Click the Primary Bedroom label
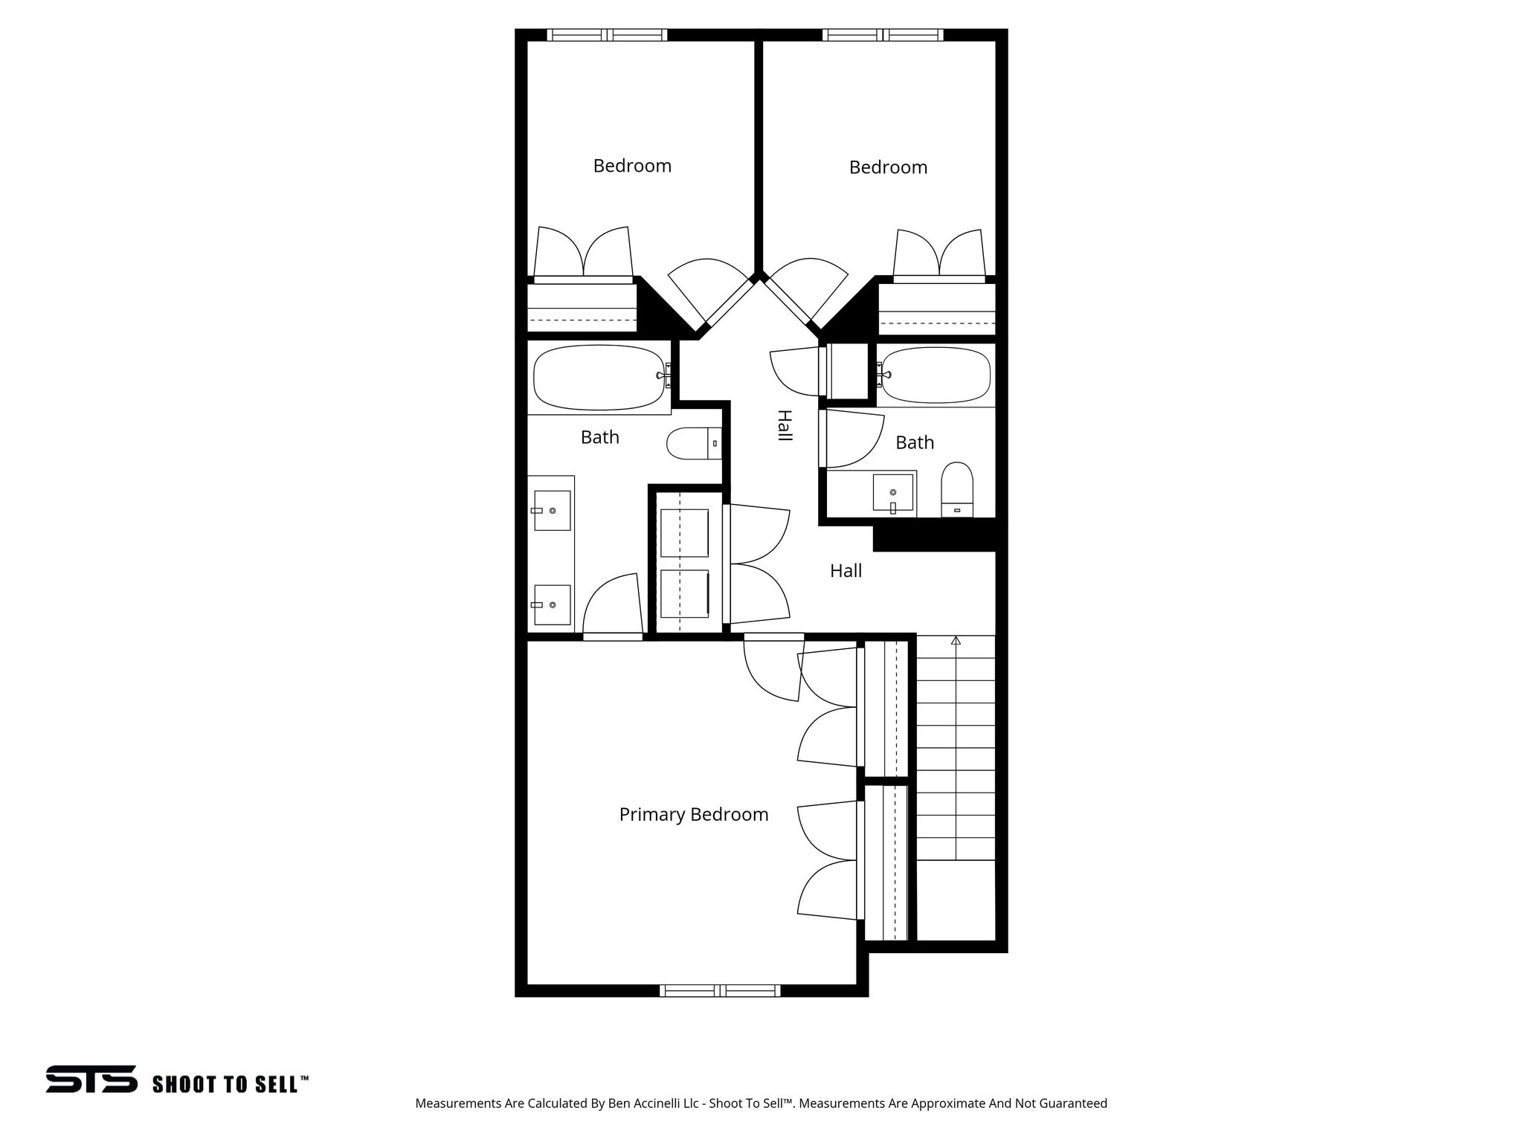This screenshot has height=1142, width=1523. [x=693, y=815]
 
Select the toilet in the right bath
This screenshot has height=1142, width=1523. [x=957, y=488]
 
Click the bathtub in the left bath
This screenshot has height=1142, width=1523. [x=599, y=377]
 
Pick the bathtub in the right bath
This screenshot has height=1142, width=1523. [x=936, y=375]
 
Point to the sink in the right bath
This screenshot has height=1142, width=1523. [x=892, y=493]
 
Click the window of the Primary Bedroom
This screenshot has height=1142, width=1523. [x=720, y=990]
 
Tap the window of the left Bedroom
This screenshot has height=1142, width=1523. [x=607, y=35]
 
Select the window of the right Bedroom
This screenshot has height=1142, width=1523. [x=883, y=35]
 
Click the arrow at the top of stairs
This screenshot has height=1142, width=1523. [x=956, y=640]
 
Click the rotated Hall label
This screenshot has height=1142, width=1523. [x=783, y=425]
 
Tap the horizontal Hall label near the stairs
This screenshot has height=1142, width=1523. [x=846, y=571]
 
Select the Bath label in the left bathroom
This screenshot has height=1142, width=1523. [x=599, y=437]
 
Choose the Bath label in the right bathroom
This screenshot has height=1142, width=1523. [x=914, y=443]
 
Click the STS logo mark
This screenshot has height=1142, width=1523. [x=91, y=1079]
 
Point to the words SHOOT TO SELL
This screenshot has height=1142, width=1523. [x=230, y=1084]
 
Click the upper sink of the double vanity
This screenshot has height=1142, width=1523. [x=553, y=510]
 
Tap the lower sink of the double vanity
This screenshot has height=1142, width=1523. [x=553, y=604]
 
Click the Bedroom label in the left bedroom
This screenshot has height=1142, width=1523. [x=632, y=166]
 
